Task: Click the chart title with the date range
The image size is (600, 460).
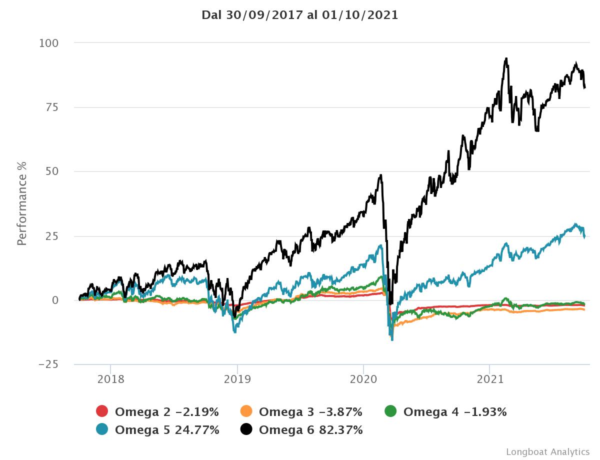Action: tap(299, 15)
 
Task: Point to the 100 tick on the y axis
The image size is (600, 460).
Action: tap(49, 43)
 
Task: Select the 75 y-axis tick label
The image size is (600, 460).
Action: tap(52, 107)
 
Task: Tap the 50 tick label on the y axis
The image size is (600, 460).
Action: tap(52, 171)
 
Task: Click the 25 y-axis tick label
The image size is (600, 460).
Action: tap(52, 236)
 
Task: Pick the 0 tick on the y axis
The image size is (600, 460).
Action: tap(56, 300)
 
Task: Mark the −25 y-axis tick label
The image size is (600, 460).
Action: tap(49, 364)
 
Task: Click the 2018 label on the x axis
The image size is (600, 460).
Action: tap(111, 378)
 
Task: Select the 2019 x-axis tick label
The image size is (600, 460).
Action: tap(237, 378)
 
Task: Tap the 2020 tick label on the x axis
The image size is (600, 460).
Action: tap(363, 378)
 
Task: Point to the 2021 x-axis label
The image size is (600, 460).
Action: tap(490, 378)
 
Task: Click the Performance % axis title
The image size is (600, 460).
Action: tap(21, 203)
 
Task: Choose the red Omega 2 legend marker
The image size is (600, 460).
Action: tap(102, 412)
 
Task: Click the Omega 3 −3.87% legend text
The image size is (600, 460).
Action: tap(310, 412)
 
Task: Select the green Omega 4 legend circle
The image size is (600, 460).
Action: tap(390, 412)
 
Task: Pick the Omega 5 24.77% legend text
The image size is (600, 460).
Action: tap(167, 429)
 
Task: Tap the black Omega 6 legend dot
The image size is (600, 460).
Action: tap(246, 429)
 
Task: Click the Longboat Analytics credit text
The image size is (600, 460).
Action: tap(547, 451)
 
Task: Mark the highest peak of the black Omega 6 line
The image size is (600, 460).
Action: tap(506, 58)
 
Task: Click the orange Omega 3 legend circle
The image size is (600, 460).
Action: tap(246, 412)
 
